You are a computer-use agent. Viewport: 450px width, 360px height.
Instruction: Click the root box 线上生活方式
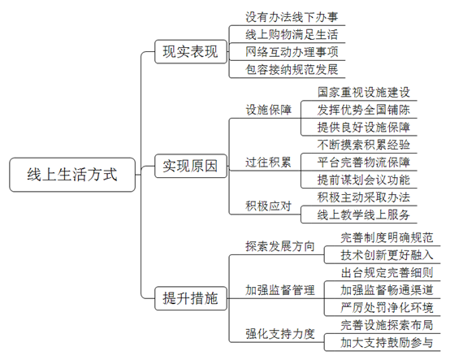(x=72, y=175)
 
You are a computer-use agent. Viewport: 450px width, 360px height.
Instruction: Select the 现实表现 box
(x=191, y=52)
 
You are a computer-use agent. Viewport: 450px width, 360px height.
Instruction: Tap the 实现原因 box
(x=191, y=166)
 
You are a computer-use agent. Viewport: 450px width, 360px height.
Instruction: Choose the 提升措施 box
(x=191, y=298)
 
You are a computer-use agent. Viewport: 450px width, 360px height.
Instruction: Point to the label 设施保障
(x=268, y=110)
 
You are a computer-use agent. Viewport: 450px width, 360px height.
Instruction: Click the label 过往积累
(x=268, y=163)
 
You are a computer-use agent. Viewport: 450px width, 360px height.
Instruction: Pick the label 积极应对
(x=268, y=206)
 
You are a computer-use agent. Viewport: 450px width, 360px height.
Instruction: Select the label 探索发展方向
(x=280, y=246)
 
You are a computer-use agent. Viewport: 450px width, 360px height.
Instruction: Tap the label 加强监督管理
(x=280, y=290)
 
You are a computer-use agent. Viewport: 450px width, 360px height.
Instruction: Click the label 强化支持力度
(x=280, y=334)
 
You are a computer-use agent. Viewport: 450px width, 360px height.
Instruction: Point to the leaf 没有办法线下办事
(x=292, y=17)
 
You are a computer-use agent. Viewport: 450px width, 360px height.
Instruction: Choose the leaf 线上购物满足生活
(x=292, y=35)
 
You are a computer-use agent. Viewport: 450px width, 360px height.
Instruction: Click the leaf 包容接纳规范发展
(x=292, y=70)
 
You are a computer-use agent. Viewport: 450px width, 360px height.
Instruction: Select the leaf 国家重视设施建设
(x=364, y=93)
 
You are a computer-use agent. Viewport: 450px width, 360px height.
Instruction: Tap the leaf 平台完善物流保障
(x=364, y=163)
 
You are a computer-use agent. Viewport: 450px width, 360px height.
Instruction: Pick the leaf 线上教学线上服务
(x=364, y=215)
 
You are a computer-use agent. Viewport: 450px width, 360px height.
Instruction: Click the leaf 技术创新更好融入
(x=387, y=255)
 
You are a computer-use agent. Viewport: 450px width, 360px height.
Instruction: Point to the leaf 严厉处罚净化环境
(x=387, y=308)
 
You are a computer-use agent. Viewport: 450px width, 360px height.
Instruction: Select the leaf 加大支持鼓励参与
(x=387, y=343)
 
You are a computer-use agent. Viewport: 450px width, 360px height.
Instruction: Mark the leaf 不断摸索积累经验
(x=364, y=145)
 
